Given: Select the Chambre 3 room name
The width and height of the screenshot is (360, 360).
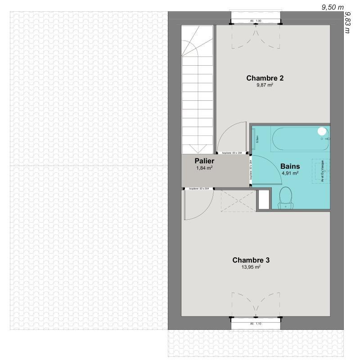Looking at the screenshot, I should pyautogui.click(x=251, y=260).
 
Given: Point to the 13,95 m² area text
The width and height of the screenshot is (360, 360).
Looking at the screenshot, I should pyautogui.click(x=251, y=267).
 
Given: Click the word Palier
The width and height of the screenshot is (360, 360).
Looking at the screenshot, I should pyautogui.click(x=204, y=161).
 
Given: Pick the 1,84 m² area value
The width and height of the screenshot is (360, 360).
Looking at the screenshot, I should pyautogui.click(x=204, y=168).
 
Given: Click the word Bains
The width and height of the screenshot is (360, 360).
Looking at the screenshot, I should pyautogui.click(x=290, y=166).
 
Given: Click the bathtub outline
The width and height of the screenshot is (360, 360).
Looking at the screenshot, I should pyautogui.click(x=299, y=139).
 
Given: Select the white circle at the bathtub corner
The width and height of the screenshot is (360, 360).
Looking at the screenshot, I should pyautogui.click(x=322, y=131).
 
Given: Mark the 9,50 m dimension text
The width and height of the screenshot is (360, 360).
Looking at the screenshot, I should pyautogui.click(x=333, y=7).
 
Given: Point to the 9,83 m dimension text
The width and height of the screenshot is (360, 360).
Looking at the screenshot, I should pyautogui.click(x=347, y=22).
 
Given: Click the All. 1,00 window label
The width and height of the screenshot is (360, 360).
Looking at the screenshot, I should pyautogui.click(x=256, y=21).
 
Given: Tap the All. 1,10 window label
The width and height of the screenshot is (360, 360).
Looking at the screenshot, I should pyautogui.click(x=256, y=324).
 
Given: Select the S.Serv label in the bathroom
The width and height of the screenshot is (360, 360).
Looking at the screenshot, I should pyautogui.click(x=256, y=139).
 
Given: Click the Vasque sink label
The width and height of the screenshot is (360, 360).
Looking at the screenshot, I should pyautogui.click(x=323, y=171).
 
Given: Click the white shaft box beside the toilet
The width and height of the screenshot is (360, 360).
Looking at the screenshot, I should pyautogui.click(x=264, y=199).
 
